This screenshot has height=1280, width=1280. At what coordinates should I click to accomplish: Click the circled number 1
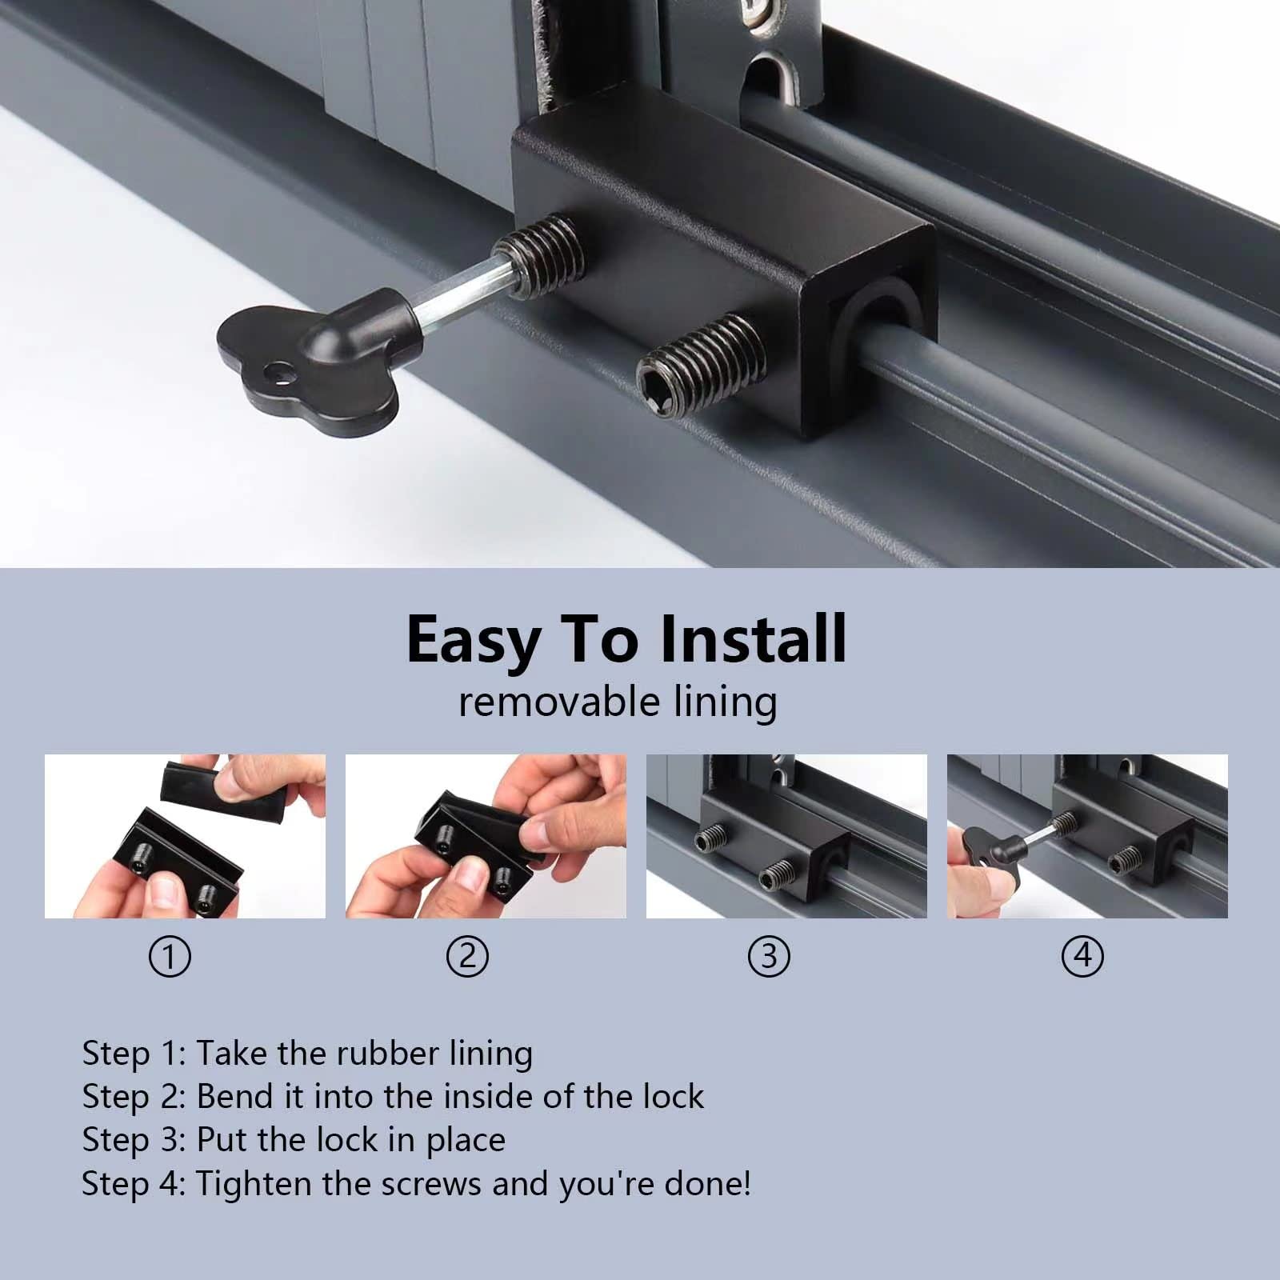click(170, 957)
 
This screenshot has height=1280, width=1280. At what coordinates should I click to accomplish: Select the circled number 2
click(468, 957)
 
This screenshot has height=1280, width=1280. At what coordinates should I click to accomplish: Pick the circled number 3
click(769, 957)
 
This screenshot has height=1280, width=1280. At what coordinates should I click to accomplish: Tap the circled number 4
click(1082, 957)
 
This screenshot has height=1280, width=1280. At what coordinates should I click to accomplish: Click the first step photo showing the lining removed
click(185, 836)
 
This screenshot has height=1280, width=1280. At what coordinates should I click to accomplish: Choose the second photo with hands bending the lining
click(486, 836)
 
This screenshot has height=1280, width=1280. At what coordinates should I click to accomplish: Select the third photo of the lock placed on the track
click(786, 836)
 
